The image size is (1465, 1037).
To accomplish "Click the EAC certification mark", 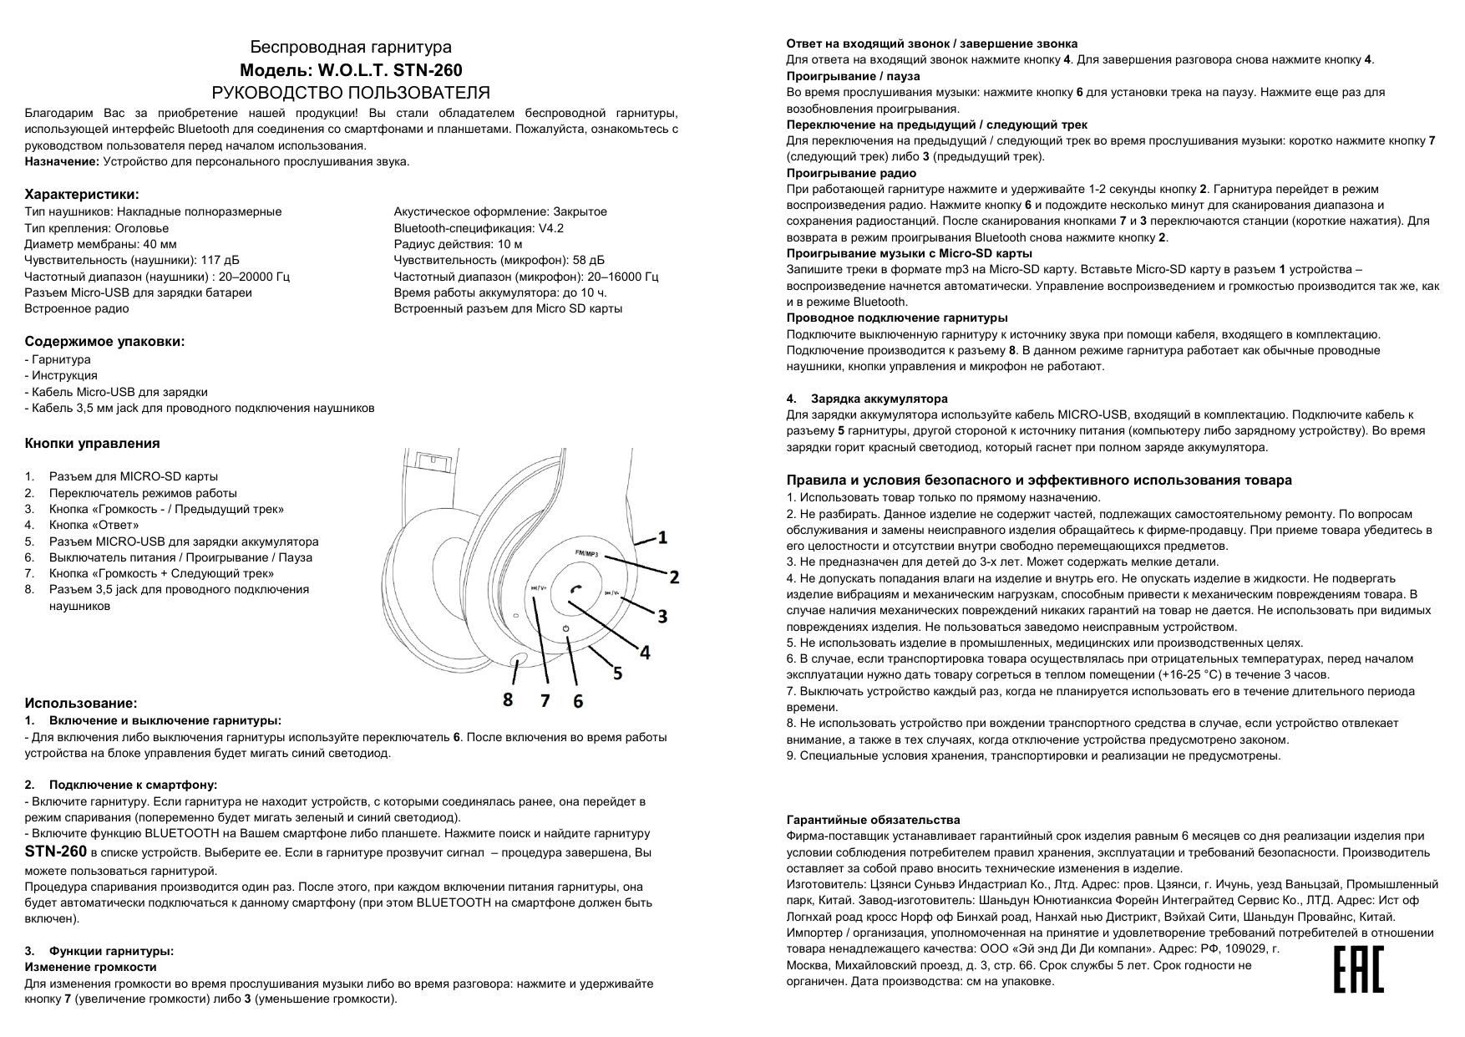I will (x=1358, y=969).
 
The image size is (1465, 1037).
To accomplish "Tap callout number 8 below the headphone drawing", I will (x=508, y=699).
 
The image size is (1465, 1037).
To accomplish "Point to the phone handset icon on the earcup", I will (x=574, y=589).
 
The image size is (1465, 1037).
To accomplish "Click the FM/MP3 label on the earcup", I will (x=587, y=554).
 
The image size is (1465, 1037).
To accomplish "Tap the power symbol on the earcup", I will (x=565, y=628).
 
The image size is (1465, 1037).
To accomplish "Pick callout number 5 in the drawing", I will (x=617, y=672).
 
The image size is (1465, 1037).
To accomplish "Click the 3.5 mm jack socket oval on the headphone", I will (x=517, y=660).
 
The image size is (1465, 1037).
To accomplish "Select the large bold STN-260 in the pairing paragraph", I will (x=56, y=852).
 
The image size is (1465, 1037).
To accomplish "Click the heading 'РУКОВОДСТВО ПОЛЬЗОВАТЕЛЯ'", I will (x=352, y=93).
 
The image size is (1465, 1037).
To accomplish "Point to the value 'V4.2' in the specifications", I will (x=551, y=228).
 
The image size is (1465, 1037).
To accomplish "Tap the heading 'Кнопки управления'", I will (x=93, y=444).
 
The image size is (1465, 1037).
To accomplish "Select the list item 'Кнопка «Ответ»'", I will (x=94, y=525).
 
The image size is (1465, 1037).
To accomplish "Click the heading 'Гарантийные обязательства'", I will (x=873, y=820).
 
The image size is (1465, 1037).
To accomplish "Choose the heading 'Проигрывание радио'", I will (x=851, y=173).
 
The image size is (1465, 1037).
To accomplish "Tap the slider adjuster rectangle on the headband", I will (x=433, y=460).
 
